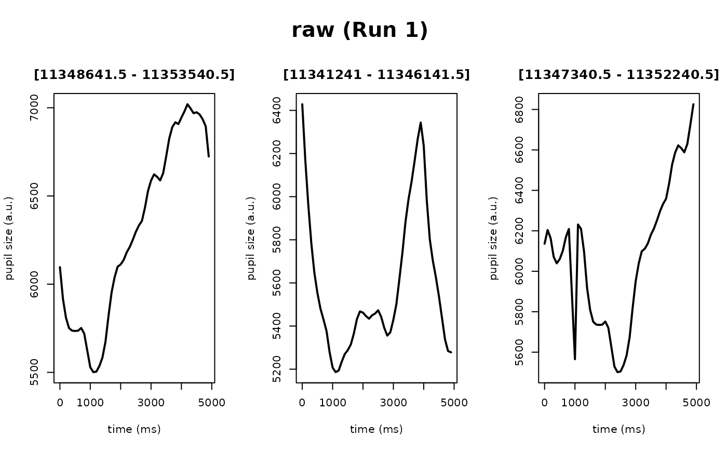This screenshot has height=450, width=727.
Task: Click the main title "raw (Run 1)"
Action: [x=359, y=30]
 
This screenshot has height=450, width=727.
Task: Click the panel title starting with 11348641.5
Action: [x=134, y=75]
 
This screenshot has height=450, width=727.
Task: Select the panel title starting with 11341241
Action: [x=376, y=75]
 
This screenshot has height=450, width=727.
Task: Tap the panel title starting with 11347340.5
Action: [x=618, y=75]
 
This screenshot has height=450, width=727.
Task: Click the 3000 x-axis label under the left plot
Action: [x=151, y=403]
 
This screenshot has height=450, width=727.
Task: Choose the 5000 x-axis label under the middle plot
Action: [x=454, y=403]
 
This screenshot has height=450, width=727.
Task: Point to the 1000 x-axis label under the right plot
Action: [x=575, y=403]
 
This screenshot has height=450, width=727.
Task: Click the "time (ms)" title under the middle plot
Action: [x=376, y=429]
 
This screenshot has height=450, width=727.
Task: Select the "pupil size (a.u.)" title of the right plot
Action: [x=494, y=238]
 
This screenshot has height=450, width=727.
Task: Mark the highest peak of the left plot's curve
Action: [x=187, y=104]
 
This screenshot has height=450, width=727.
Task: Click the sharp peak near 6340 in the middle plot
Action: [x=421, y=123]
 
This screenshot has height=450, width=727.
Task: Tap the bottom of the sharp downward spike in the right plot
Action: [x=575, y=359]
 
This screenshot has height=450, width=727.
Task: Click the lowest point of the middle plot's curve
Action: [x=336, y=372]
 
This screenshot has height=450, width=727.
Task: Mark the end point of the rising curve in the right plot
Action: [x=693, y=104]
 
